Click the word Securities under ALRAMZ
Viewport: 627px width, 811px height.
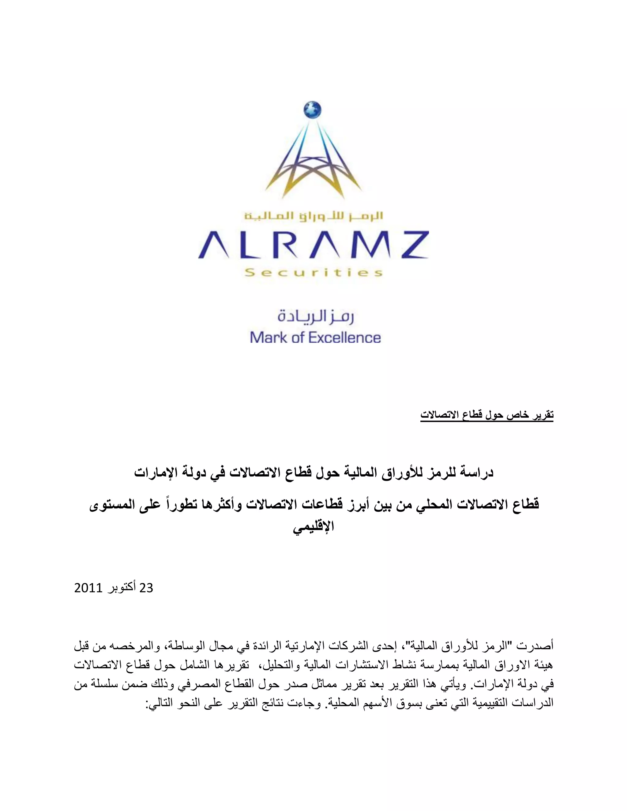(313, 273)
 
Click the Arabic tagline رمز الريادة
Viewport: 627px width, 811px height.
(315, 317)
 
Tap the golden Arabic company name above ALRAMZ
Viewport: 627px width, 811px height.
(313, 216)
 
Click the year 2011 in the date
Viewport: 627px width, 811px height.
(88, 588)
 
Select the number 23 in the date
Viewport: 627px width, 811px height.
(146, 588)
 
